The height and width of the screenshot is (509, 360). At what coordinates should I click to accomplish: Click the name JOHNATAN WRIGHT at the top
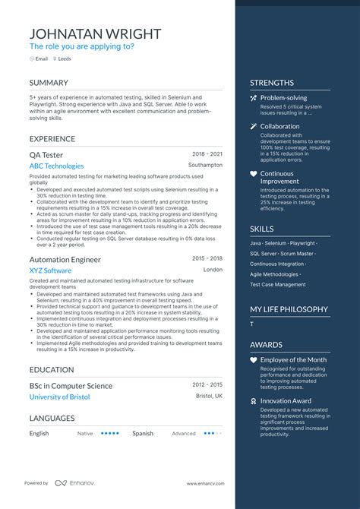click(x=95, y=33)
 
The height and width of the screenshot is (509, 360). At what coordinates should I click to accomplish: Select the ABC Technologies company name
click(x=57, y=166)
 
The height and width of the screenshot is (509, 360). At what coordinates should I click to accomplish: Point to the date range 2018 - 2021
click(x=207, y=153)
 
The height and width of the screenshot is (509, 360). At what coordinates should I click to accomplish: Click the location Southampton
click(x=205, y=165)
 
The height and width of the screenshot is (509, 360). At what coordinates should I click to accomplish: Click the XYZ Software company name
click(x=50, y=270)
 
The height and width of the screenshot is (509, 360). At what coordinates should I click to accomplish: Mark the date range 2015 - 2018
click(x=207, y=258)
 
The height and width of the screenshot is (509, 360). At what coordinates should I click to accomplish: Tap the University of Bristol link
click(x=59, y=397)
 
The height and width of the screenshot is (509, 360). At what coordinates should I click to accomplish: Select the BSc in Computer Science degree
click(x=71, y=385)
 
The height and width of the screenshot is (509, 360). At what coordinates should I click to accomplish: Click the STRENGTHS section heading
click(x=272, y=83)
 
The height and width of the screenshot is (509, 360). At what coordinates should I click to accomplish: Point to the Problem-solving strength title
click(x=283, y=98)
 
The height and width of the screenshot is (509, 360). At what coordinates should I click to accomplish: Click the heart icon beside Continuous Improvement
click(x=254, y=174)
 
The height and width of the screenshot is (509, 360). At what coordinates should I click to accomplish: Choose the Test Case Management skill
click(x=278, y=284)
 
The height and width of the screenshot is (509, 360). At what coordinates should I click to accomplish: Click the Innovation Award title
click(x=286, y=400)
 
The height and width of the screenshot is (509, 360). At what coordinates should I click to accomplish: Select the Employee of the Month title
click(x=293, y=359)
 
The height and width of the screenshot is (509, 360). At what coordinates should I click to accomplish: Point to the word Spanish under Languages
click(x=143, y=434)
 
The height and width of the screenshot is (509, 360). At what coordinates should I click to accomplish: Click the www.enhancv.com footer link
click(x=205, y=483)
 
